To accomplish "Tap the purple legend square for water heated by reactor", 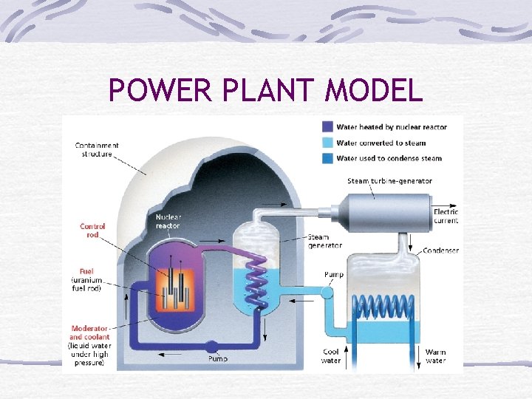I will pos(328,127).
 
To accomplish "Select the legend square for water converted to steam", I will pos(328,143).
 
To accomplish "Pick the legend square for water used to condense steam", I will pos(328,158).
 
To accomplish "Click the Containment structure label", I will pos(97,150).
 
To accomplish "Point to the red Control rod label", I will pos(93,230).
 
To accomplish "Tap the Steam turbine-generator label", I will pos(390,181).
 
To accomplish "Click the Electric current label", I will pos(446,216).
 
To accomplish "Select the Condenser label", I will pos(440,250).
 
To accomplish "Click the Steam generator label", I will pos(325,241).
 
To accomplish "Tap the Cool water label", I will pos(331,356).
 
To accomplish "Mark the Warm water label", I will pos(435,356).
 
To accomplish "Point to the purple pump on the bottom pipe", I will pos(211,346).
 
